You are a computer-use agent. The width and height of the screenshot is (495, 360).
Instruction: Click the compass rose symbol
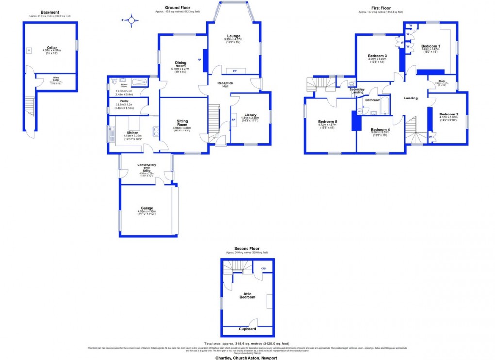coord(130,20)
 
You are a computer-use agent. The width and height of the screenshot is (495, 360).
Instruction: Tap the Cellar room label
coord(51,48)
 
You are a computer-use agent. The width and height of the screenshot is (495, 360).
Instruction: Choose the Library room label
coord(250,115)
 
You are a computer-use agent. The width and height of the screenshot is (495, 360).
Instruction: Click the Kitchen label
coord(132,133)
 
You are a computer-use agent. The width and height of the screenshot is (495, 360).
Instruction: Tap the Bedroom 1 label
coord(430,46)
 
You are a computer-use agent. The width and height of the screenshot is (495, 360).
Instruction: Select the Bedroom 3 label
coord(377,56)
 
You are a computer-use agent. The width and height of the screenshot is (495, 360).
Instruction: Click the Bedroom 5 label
coord(328,121)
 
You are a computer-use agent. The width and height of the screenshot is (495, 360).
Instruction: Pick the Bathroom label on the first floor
coord(373,100)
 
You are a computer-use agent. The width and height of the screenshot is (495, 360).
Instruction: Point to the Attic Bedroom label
coord(247,295)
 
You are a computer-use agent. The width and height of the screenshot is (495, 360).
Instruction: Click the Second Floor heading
coord(247,249)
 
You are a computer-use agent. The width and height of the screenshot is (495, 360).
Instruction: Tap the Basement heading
coord(50,12)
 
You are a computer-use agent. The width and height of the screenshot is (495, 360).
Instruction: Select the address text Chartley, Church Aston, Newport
coord(247,358)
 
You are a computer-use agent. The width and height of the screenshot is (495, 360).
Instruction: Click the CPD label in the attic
coord(264,268)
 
